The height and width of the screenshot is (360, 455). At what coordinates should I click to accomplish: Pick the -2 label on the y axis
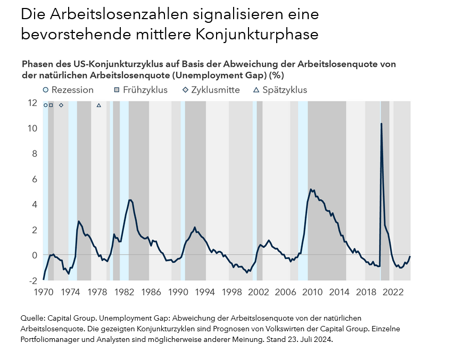33,280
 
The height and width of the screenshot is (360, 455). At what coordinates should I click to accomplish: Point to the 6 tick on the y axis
34,179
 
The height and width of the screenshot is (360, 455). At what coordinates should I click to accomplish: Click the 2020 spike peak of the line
381,124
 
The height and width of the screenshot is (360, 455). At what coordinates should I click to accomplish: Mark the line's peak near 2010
311,189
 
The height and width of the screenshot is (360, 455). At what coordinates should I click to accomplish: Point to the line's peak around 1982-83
130,200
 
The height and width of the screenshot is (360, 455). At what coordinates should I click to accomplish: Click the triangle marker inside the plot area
98,105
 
